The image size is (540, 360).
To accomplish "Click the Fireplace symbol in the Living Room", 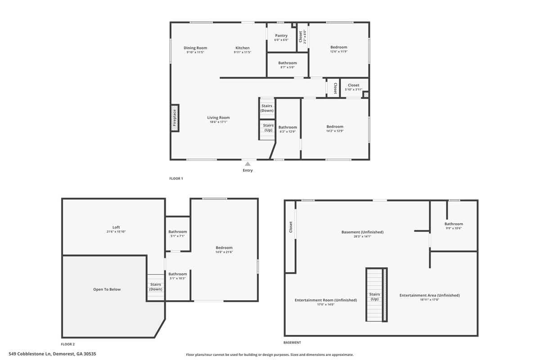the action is (175, 118).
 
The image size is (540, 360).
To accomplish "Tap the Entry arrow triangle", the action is (247, 164).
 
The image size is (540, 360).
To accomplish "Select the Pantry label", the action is (281, 36).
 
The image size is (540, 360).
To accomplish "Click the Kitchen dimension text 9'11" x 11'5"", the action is (243, 52).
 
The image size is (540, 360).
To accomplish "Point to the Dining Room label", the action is (195, 48).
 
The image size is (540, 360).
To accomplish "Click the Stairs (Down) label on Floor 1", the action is (267, 108).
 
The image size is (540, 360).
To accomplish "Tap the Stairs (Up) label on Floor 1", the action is (268, 127).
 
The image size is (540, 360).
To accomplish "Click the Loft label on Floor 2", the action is (116, 227).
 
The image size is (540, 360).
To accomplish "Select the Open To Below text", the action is (107, 289).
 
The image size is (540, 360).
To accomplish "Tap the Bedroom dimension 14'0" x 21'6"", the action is (224, 252).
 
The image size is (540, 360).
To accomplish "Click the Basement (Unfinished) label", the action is (362, 232).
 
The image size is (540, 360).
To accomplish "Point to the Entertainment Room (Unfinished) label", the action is (326, 300).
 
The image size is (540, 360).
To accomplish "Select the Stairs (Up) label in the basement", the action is (374, 297).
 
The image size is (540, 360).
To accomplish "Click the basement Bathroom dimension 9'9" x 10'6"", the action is (454, 228).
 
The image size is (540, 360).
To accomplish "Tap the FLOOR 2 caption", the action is (68, 344).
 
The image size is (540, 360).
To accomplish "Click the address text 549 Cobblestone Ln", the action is (30, 354).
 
